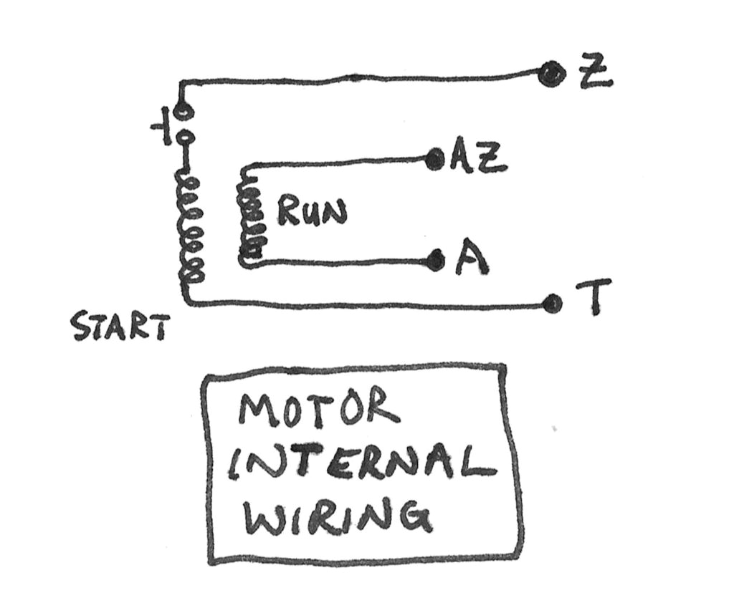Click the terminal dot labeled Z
(551, 72)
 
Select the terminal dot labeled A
(434, 261)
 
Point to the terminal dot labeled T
(551, 304)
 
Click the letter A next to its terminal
(470, 262)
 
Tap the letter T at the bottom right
(594, 296)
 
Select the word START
(120, 327)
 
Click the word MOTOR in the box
(318, 408)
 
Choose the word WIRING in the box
(337, 516)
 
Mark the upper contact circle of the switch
(183, 112)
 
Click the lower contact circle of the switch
(184, 138)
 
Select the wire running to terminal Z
(358, 77)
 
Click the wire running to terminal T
(358, 305)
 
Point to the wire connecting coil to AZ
(337, 163)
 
